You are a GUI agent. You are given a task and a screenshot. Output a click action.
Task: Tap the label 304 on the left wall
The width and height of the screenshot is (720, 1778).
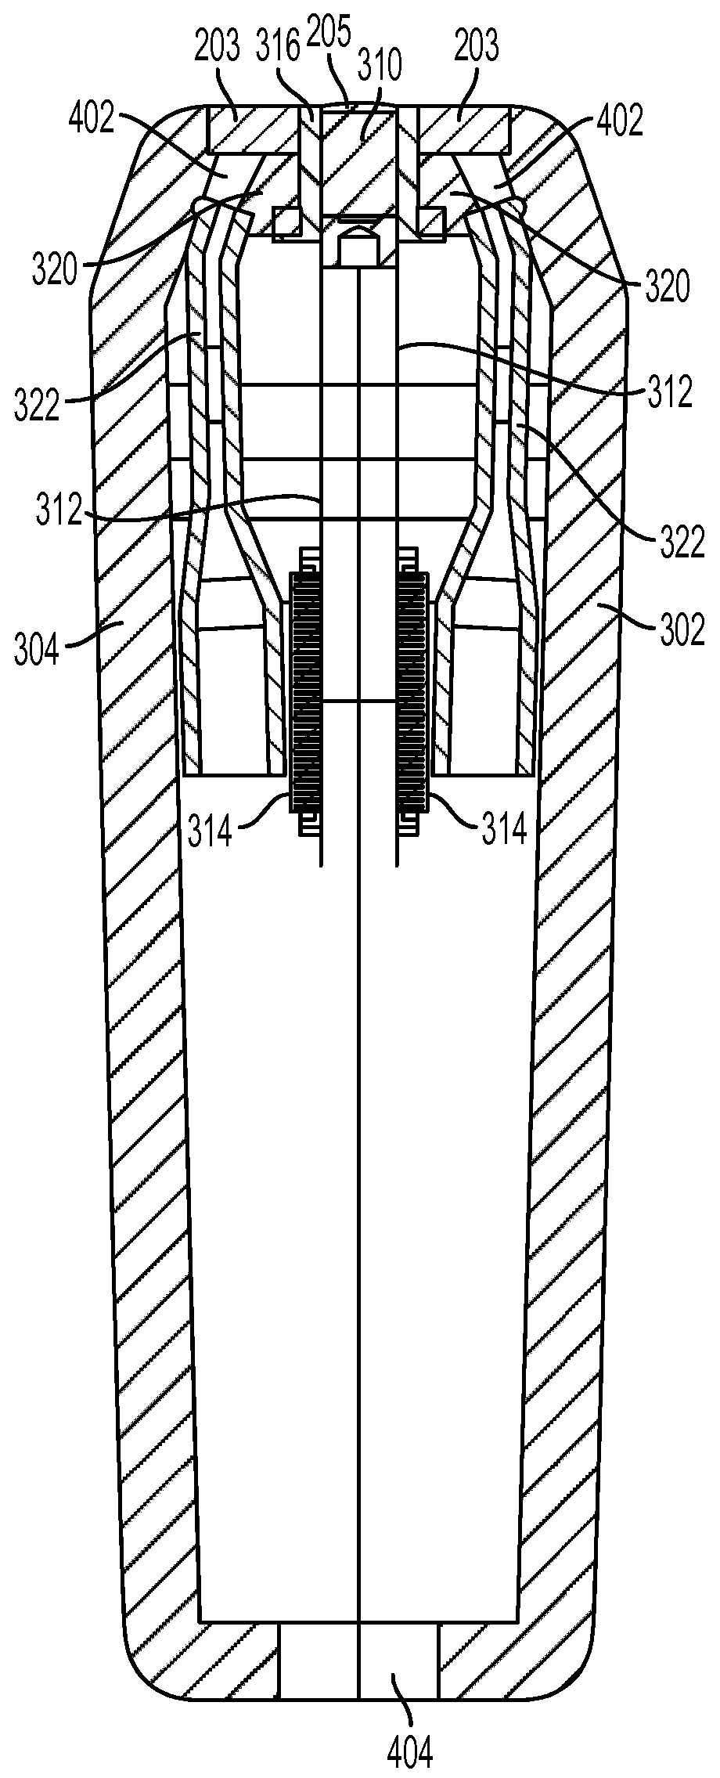coord(36,650)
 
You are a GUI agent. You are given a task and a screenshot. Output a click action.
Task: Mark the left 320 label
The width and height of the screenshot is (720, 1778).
coord(56,270)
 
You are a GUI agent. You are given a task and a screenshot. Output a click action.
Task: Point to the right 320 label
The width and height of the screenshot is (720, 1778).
coord(667,287)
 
